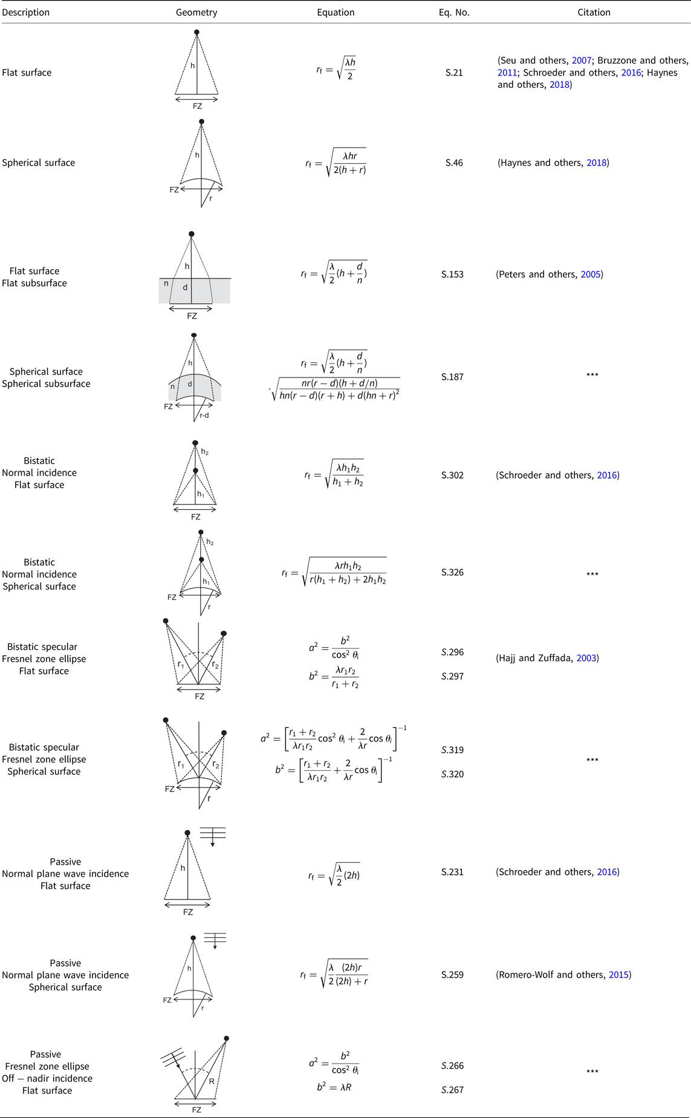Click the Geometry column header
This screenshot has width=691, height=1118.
196,12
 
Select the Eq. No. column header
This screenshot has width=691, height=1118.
454,12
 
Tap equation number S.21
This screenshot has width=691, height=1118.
454,73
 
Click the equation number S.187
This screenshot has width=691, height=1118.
452,377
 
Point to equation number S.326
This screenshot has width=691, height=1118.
452,572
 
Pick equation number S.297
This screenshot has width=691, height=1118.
452,676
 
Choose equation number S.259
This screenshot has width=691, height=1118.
452,975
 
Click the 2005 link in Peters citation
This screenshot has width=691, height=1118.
591,274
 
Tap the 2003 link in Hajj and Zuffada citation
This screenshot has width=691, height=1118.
586,658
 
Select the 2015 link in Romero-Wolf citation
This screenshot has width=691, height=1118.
618,975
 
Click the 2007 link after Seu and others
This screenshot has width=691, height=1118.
582,60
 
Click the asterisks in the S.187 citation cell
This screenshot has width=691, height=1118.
592,375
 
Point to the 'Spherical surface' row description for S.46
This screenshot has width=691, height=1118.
39,163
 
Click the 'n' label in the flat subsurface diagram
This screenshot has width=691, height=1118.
166,283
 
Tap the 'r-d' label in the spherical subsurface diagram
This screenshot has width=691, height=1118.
204,416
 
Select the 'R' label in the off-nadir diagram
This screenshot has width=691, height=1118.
212,1081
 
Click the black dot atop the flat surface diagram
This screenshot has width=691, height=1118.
196,32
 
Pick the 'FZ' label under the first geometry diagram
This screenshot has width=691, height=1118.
197,106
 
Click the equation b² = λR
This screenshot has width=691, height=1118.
334,1087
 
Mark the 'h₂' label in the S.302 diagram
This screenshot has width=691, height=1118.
205,453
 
